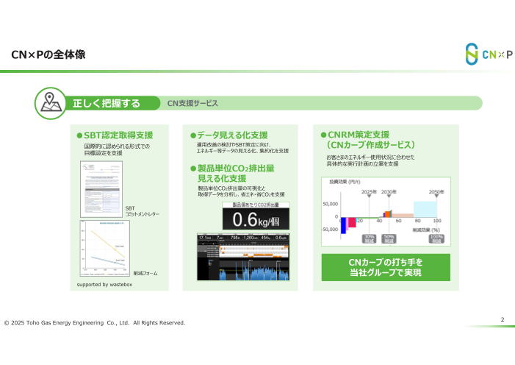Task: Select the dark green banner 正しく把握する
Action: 107,103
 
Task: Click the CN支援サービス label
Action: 193,104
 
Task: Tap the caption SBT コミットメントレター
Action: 142,210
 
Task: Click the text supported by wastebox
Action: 104,283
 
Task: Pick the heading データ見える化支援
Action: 232,135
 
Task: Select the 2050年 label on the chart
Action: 436,191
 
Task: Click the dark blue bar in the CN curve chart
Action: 343,224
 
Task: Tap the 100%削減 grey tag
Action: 436,238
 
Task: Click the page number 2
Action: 502,319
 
